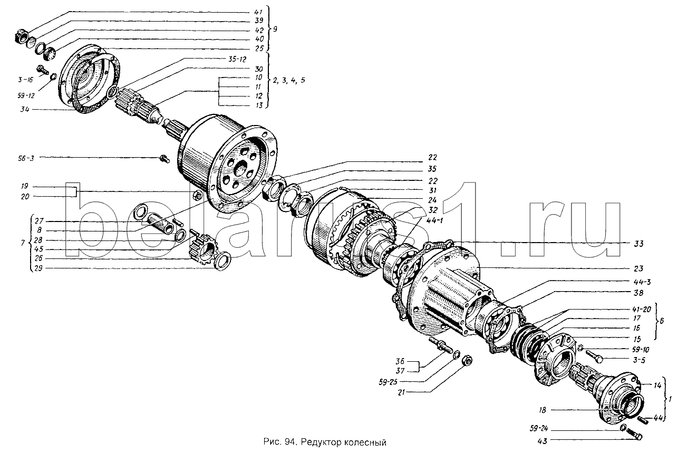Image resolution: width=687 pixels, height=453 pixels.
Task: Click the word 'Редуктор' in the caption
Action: coord(331,442)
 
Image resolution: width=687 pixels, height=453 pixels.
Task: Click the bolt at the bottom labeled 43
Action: coord(634,435)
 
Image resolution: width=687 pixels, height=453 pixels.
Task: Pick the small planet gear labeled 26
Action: coord(200,245)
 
